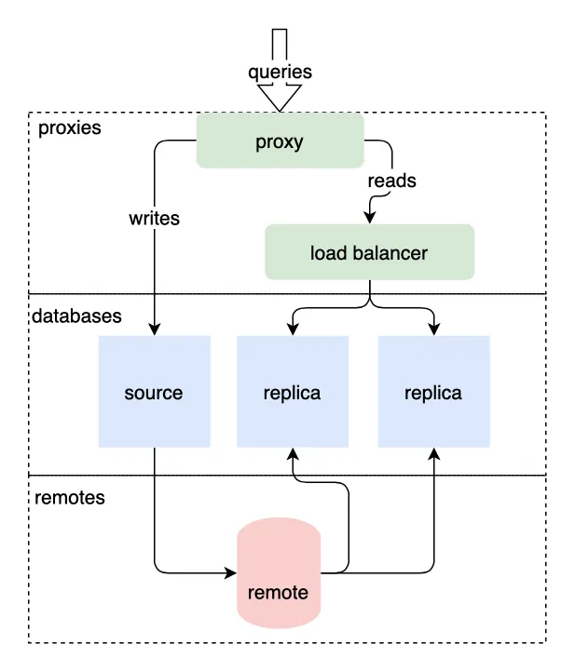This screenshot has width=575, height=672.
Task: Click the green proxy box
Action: click(x=280, y=141)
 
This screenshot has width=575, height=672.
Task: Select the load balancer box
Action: click(x=369, y=252)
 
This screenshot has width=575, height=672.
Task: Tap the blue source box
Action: click(x=154, y=392)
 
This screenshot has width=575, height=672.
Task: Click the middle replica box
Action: click(x=292, y=392)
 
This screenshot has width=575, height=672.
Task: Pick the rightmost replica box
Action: click(x=432, y=392)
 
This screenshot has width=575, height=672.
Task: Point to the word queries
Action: click(x=280, y=72)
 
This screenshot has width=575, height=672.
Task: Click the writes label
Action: click(x=154, y=220)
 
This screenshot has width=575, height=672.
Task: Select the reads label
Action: click(x=391, y=181)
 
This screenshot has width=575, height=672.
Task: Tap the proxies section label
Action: click(x=69, y=128)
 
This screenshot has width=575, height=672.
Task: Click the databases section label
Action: click(x=76, y=316)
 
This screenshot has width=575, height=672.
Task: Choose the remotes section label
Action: click(x=69, y=498)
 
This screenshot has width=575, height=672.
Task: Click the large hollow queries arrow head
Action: click(x=280, y=97)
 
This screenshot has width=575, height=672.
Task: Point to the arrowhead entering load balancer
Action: click(x=370, y=218)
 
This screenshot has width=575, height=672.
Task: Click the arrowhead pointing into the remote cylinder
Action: click(x=231, y=571)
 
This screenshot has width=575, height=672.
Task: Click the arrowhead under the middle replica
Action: click(x=294, y=455)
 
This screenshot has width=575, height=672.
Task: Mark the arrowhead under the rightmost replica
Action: click(x=433, y=455)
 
